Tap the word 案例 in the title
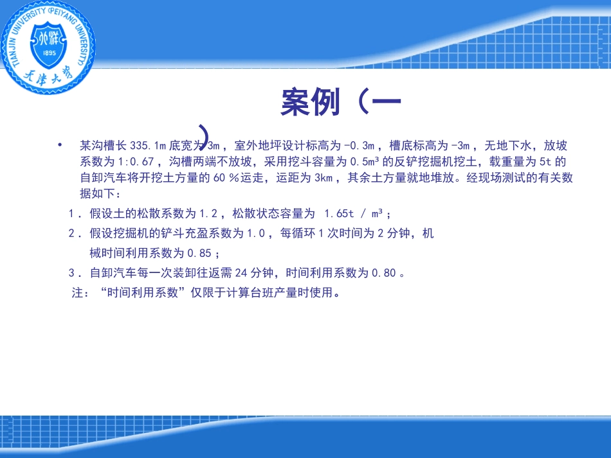point(310,102)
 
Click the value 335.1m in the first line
point(147,146)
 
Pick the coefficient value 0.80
point(384,273)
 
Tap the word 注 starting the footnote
point(77,294)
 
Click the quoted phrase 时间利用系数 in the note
point(142,294)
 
